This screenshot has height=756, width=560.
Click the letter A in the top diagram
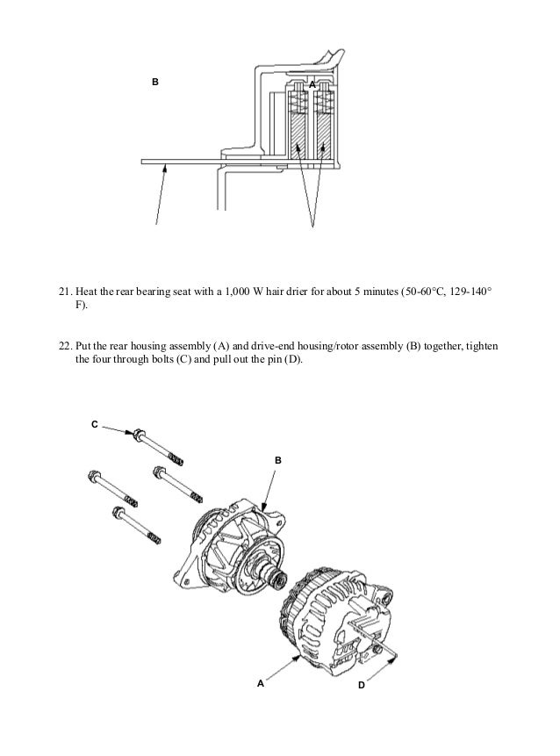click(x=311, y=83)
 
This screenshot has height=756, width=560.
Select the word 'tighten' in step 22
click(x=482, y=345)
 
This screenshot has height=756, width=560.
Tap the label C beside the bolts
click(x=95, y=424)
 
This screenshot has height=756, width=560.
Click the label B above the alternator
click(x=278, y=459)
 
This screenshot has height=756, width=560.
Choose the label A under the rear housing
click(x=260, y=683)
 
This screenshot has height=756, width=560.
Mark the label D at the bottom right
click(x=362, y=684)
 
